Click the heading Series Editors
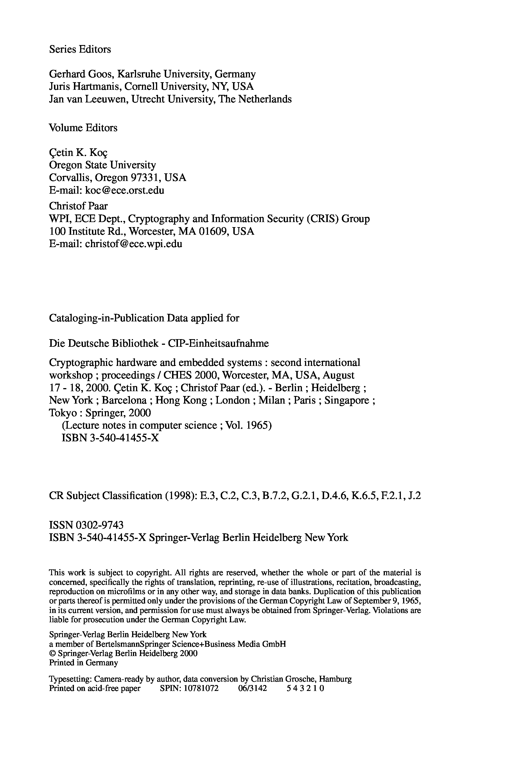[80, 49]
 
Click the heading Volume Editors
[83, 128]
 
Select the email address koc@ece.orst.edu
[125, 190]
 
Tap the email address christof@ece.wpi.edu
[133, 244]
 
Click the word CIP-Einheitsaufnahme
[218, 343]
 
